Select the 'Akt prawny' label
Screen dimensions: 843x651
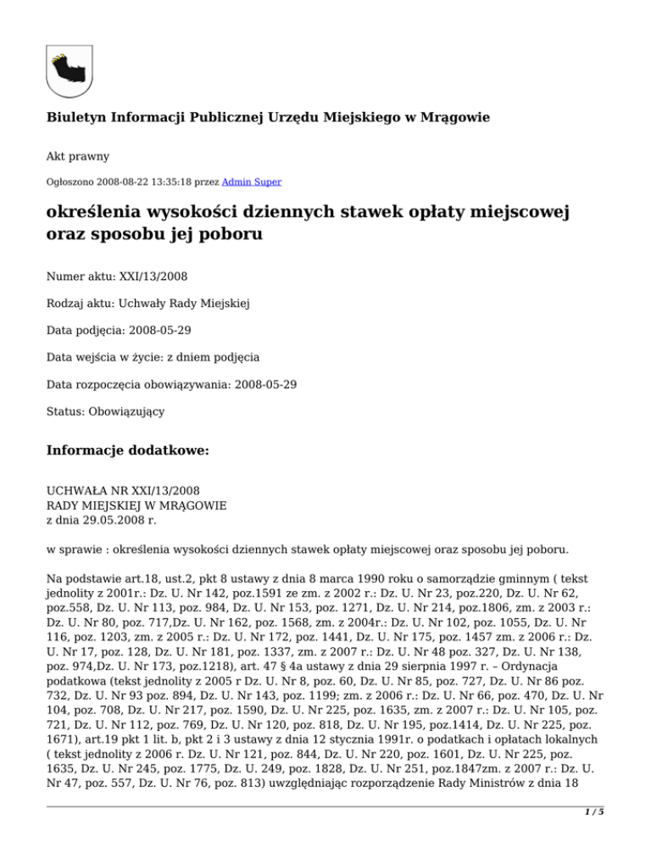(x=77, y=157)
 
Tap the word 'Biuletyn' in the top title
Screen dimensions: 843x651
(x=76, y=117)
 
